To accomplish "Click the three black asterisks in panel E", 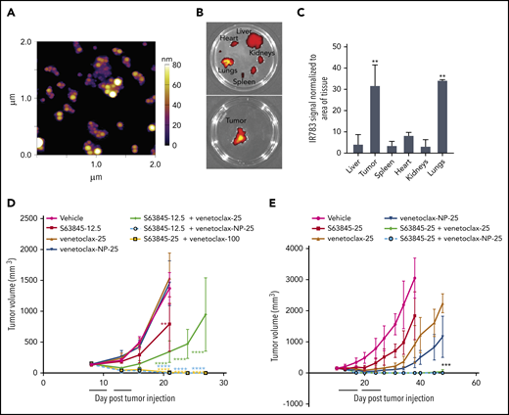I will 446,366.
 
